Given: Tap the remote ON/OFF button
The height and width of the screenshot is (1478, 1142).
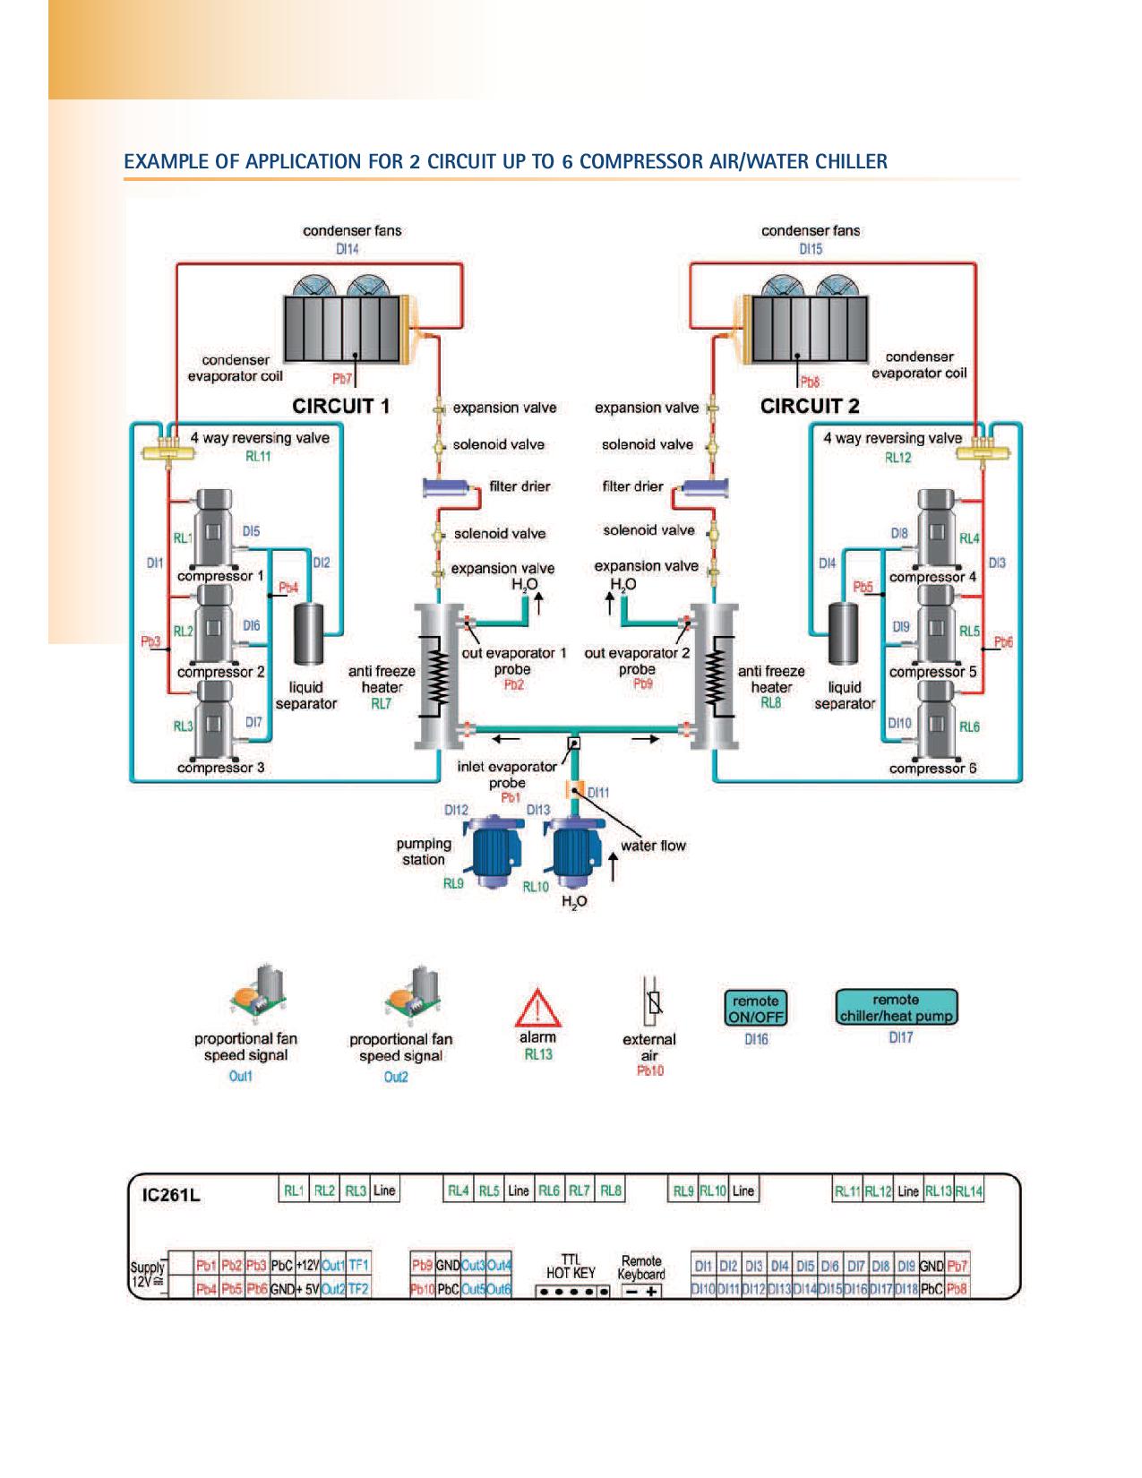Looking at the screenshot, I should [755, 1009].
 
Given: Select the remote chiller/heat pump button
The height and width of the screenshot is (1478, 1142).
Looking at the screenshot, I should [896, 1007].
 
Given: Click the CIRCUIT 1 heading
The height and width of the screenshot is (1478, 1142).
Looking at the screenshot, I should [341, 406].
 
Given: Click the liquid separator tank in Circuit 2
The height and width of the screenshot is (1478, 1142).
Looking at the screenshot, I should [843, 634].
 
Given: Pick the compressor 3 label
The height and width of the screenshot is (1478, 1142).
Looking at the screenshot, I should [220, 768].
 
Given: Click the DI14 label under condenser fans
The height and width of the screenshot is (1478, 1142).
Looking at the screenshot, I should [348, 250].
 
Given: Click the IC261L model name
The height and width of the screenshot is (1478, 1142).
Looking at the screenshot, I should [173, 1196].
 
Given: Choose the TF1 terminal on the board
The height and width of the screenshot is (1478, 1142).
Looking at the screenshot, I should [358, 1266].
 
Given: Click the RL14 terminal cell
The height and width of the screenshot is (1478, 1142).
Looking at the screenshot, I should [968, 1191].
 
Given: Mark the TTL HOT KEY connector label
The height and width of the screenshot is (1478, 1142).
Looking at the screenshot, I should [571, 1267].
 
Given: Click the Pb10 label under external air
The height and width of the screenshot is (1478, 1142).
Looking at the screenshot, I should [650, 1070].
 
